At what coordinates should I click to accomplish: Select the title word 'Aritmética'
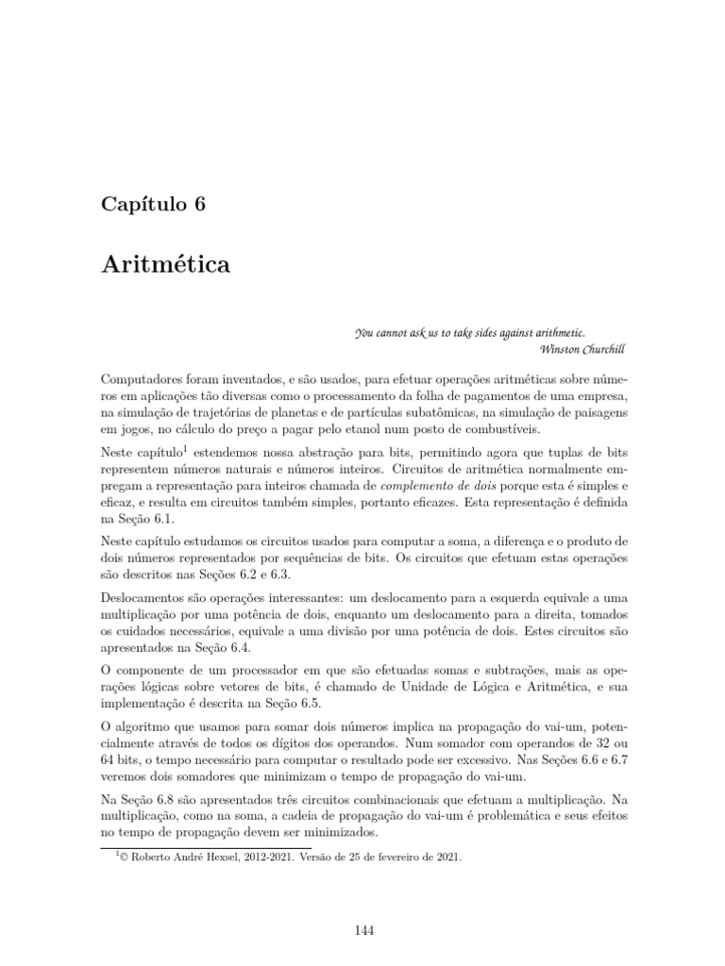(165, 265)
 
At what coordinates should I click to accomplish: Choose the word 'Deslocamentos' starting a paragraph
(148, 600)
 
